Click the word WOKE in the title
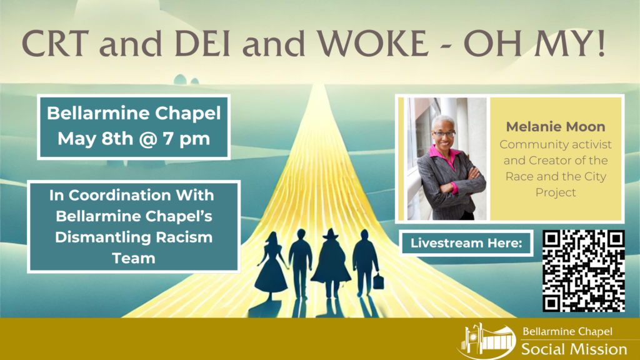tap(373, 43)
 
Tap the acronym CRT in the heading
tap(56, 43)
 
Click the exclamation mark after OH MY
tap(601, 42)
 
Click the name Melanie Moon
tap(556, 126)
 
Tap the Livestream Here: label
tap(466, 243)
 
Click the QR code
tap(584, 271)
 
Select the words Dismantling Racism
tap(134, 237)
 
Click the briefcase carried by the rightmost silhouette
tap(378, 282)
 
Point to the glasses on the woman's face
tap(444, 134)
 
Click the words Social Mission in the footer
tap(574, 349)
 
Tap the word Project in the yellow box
tap(556, 192)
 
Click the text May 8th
tap(95, 139)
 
